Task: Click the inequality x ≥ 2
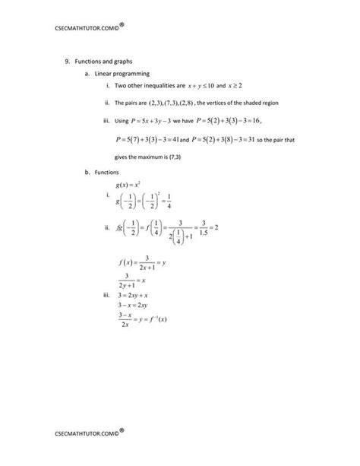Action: coord(245,87)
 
